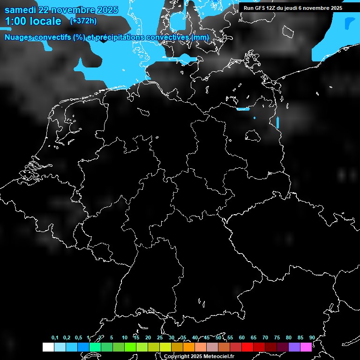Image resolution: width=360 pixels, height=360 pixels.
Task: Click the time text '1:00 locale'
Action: (x=33, y=21)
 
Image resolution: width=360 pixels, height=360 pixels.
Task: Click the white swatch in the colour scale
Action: (x=48, y=347)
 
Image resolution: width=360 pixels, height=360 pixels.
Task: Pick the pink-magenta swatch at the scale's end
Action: (x=306, y=347)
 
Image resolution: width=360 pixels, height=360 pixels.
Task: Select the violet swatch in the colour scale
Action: (x=294, y=347)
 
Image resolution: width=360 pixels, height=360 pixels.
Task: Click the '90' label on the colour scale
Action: (x=312, y=337)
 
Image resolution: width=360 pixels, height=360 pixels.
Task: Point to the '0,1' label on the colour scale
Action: (x=55, y=337)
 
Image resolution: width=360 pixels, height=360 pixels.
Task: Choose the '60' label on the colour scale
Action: (x=242, y=337)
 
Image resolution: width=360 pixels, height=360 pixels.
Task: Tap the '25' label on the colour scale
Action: (x=160, y=337)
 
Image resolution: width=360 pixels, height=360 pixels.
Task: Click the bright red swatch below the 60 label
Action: (x=247, y=347)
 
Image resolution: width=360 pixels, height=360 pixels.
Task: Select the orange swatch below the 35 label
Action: (x=188, y=347)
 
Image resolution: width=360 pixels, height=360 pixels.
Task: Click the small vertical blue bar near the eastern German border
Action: (x=277, y=122)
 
